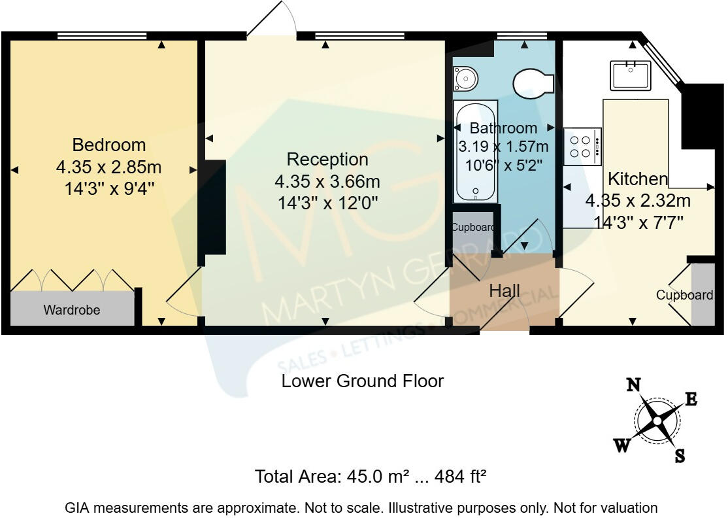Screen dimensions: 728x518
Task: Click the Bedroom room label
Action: [x=109, y=145]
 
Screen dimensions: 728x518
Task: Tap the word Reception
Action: [x=327, y=160]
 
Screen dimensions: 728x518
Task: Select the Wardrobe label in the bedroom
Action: [x=72, y=310]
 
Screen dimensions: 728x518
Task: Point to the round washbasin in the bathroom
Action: [x=465, y=78]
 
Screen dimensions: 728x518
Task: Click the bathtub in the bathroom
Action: [x=476, y=152]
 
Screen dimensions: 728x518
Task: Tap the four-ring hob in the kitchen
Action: [x=583, y=147]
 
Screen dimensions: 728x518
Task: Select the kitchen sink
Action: [x=631, y=75]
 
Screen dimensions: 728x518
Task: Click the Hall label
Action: [x=505, y=291]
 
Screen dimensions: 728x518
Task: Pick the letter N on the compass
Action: [x=634, y=385]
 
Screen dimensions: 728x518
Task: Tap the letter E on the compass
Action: [x=691, y=399]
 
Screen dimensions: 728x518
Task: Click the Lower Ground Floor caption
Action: [x=363, y=381]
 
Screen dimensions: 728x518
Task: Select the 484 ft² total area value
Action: [x=460, y=477]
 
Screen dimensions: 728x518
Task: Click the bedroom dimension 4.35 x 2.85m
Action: [x=108, y=167]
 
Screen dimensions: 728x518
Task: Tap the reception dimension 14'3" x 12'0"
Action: [x=327, y=203]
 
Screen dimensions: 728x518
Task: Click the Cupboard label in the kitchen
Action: [x=684, y=295]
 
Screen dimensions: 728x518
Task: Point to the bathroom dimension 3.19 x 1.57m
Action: [x=503, y=147]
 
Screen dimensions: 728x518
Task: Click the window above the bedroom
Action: [x=102, y=36]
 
